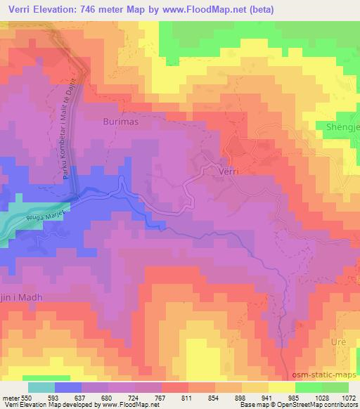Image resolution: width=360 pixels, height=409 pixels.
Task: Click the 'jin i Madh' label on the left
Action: (21, 298)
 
